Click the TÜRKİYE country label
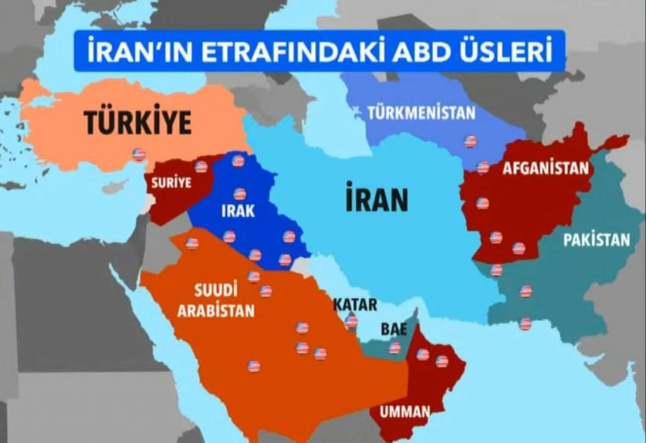click(137, 123)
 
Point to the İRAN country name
click(376, 200)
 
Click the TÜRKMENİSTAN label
click(421, 113)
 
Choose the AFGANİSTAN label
click(546, 168)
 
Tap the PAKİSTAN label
click(597, 240)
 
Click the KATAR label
click(355, 305)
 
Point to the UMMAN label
click(405, 412)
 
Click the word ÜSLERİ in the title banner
click(508, 51)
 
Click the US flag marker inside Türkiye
click(139, 154)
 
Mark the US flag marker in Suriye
click(201, 167)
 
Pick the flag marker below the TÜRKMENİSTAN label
click(470, 141)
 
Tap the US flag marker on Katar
click(352, 320)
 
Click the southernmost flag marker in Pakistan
click(525, 324)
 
